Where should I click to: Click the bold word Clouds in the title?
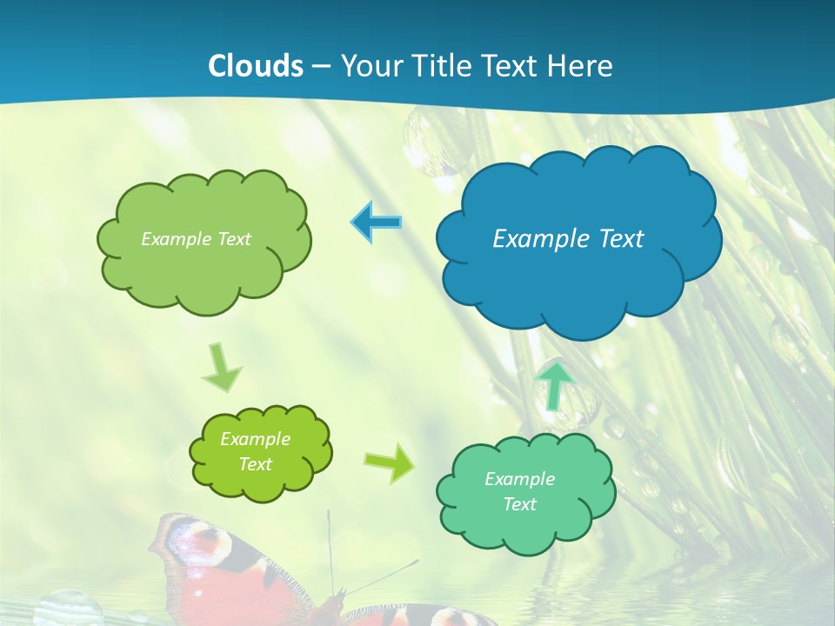point(256,66)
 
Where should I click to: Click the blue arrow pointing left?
point(376,223)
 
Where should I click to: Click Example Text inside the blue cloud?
point(568,238)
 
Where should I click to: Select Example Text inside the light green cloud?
point(196,239)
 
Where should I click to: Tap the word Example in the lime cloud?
point(255,439)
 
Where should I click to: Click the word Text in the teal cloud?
point(519,504)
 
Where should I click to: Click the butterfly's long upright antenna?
point(331,548)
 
